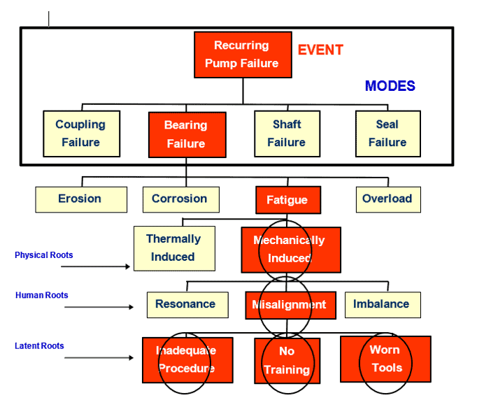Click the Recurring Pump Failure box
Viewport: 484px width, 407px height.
click(241, 55)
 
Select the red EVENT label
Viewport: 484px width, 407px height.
click(320, 50)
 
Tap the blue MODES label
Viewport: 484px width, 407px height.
click(390, 86)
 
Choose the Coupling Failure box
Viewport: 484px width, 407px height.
click(80, 133)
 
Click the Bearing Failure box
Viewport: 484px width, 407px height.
click(186, 134)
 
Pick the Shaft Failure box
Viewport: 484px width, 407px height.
click(286, 133)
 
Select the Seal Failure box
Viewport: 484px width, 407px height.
click(387, 133)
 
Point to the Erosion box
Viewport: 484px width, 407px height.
click(80, 199)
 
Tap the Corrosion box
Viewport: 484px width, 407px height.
click(180, 199)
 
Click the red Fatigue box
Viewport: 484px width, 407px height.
click(287, 200)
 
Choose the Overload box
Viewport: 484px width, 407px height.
click(387, 199)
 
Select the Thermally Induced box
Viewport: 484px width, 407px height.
click(173, 248)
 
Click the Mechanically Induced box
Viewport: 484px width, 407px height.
click(290, 250)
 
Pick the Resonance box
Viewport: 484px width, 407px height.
click(186, 305)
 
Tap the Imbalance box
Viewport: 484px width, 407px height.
click(382, 305)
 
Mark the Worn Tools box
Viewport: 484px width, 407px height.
click(385, 359)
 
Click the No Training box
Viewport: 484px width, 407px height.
click(287, 360)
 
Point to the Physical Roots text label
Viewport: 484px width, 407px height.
click(44, 255)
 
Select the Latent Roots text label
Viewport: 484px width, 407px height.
click(39, 346)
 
